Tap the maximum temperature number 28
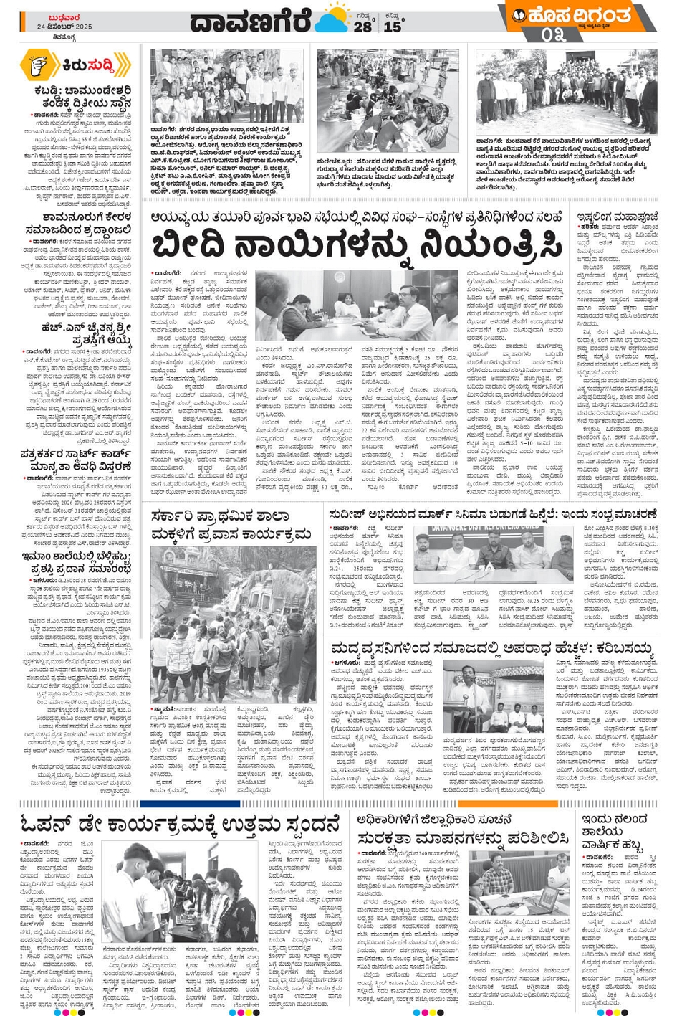coord(362,27)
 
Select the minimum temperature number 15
coord(393,27)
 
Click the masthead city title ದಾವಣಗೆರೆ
coord(250,21)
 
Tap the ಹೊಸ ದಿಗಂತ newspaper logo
coord(573,15)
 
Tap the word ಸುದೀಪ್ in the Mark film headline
coord(350,514)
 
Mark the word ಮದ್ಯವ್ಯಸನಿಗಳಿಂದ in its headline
coord(395,649)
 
